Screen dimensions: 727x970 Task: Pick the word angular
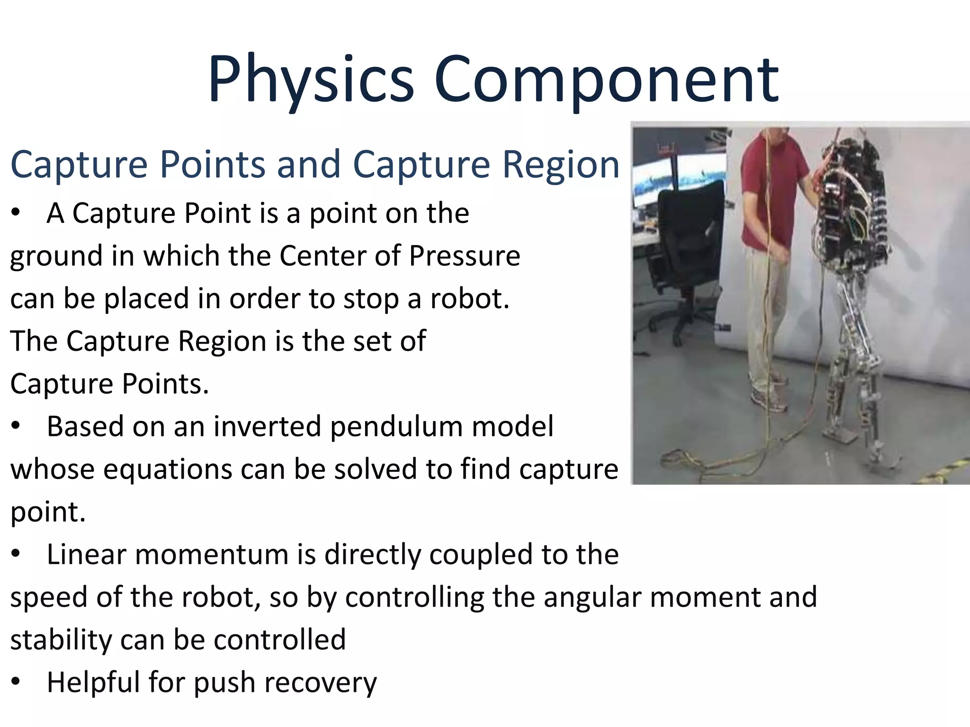click(x=593, y=597)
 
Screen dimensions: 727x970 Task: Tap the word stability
click(x=61, y=640)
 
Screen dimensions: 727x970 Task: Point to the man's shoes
click(x=770, y=400)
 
